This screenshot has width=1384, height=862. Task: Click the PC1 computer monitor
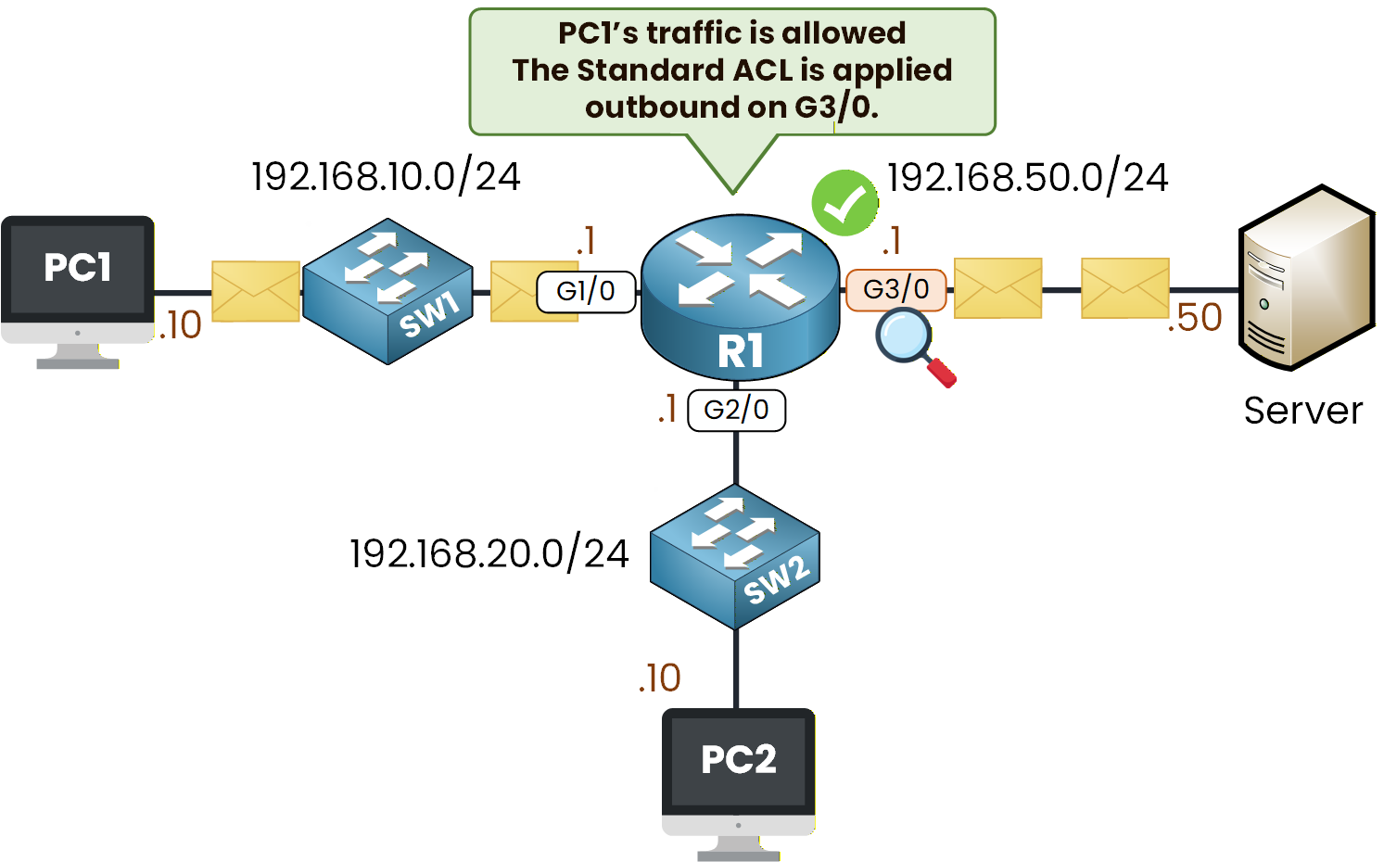point(78,278)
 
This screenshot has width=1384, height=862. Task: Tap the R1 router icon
point(740,297)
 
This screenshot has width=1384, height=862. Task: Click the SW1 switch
point(388,291)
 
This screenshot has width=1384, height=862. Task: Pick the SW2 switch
point(735,557)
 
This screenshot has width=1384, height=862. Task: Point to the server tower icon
point(1307,278)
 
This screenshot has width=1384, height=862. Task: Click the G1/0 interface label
point(586,291)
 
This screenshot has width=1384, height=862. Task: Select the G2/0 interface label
point(736,410)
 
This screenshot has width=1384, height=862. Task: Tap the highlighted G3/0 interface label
point(895,289)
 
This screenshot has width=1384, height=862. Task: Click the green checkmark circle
point(844,203)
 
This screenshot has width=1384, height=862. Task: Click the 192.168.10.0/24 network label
point(386,176)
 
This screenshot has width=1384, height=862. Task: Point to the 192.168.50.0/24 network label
point(1027,177)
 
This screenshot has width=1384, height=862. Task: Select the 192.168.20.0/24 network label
point(489,553)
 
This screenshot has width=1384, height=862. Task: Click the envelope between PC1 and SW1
point(256,291)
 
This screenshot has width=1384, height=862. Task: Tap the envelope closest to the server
point(1124,288)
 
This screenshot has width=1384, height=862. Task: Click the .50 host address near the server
point(1196,318)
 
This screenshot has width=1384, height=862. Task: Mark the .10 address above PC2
point(660,678)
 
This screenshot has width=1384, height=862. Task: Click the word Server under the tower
point(1302,411)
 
